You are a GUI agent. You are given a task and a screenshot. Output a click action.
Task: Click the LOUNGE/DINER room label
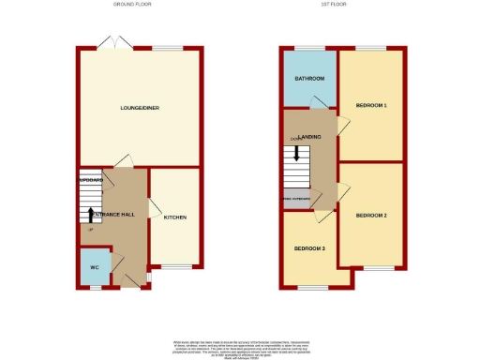(139, 107)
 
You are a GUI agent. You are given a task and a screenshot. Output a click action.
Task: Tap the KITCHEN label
(175, 217)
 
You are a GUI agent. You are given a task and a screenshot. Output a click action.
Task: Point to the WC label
(95, 267)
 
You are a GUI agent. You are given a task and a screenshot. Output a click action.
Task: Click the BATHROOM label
(309, 79)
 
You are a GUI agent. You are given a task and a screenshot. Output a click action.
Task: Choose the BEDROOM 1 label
(371, 105)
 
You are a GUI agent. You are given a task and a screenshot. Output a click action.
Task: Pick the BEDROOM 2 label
(371, 216)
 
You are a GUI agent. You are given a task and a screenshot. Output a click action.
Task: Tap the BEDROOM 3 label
(310, 248)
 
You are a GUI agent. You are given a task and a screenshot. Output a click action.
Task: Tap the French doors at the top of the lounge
(114, 43)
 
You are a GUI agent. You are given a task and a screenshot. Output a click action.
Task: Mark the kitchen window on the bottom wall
(175, 266)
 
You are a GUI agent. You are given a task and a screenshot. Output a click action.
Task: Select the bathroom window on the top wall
(310, 47)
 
